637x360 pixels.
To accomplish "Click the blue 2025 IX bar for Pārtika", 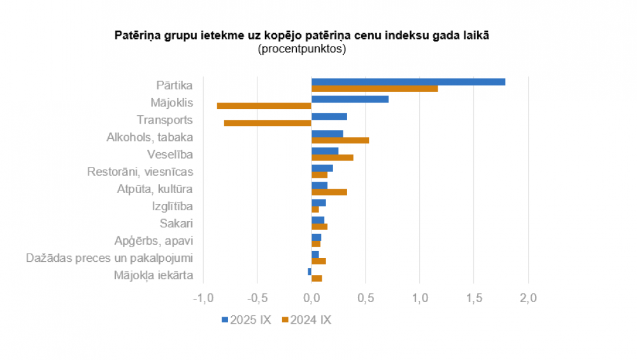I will point(408,82).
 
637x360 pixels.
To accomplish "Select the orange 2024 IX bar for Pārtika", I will point(375,89).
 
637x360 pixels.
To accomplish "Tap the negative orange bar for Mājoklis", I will point(264,106).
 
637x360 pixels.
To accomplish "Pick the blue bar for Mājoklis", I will point(350,99).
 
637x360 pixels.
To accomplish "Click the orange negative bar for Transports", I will point(268,123).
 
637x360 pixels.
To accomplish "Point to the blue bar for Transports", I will point(329,116).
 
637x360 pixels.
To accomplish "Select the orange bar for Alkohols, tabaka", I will point(340,140).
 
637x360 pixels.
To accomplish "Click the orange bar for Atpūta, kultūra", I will point(329,192).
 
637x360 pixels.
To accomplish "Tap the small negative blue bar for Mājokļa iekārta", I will point(310,271).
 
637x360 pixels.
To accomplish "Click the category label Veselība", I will point(170,154).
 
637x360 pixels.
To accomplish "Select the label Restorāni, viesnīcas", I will point(140,171).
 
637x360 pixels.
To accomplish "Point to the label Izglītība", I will point(172,206).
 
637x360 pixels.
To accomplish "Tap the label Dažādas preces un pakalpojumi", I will point(110,258).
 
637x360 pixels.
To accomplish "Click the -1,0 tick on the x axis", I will point(203,298).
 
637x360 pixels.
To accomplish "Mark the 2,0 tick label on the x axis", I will point(528,298).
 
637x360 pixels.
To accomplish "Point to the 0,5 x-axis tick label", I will point(365,298).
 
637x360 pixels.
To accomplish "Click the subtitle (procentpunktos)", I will point(301,49).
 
